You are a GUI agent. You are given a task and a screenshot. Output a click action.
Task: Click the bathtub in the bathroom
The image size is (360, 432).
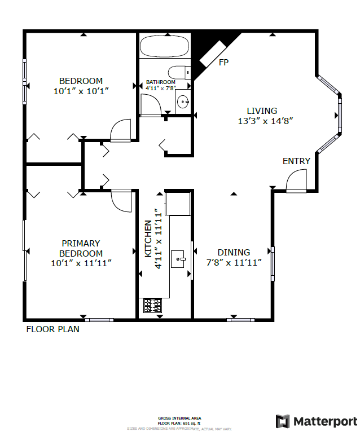click(164, 46)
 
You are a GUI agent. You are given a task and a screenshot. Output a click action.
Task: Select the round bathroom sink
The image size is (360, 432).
click(183, 102)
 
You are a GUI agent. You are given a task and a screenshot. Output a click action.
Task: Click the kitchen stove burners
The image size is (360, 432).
click(153, 306)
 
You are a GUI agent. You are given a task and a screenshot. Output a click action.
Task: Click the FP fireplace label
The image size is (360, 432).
click(223, 62)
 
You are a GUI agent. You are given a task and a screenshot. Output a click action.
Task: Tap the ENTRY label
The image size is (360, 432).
click(296, 161)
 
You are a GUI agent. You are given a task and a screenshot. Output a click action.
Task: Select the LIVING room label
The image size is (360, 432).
click(262, 111)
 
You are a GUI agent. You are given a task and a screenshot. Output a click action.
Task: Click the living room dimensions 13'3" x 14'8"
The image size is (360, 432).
click(265, 121)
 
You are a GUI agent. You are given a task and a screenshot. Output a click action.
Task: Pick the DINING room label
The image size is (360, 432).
click(234, 253)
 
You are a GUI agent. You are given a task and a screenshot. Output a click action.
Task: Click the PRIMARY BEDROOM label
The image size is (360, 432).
click(81, 248)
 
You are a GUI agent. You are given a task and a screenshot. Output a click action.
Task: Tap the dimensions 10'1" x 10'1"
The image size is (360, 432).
click(81, 90)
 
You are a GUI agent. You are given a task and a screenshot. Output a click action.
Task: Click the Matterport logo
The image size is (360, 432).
click(316, 421)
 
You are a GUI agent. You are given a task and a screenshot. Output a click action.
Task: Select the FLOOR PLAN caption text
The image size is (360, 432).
click(53, 329)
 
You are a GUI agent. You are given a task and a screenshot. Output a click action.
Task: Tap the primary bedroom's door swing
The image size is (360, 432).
click(121, 200)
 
